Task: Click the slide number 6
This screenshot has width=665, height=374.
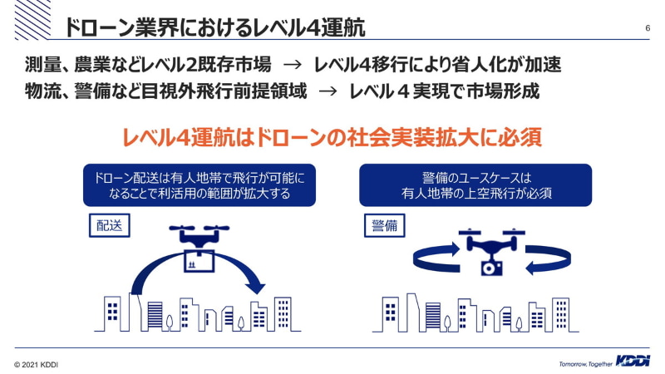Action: point(648,28)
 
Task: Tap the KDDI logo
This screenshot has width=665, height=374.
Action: point(633,361)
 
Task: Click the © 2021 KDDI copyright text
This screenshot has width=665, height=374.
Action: point(36,365)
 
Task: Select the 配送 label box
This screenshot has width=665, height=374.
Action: point(110,225)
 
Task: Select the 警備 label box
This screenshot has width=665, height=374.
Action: point(385,225)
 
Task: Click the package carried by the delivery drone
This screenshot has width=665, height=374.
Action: point(199,261)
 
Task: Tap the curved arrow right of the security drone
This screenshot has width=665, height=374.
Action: point(548,258)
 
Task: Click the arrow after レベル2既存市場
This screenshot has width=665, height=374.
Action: point(293,65)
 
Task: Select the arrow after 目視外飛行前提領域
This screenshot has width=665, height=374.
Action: point(328,91)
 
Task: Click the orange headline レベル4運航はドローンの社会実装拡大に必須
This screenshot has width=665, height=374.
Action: point(332,137)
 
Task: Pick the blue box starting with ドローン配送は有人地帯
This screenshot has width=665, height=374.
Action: point(199,185)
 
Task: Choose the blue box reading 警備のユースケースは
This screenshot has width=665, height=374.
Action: point(475,185)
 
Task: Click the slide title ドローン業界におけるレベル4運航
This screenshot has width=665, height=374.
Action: point(214,28)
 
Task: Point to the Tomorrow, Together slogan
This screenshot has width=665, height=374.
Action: point(586,364)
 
